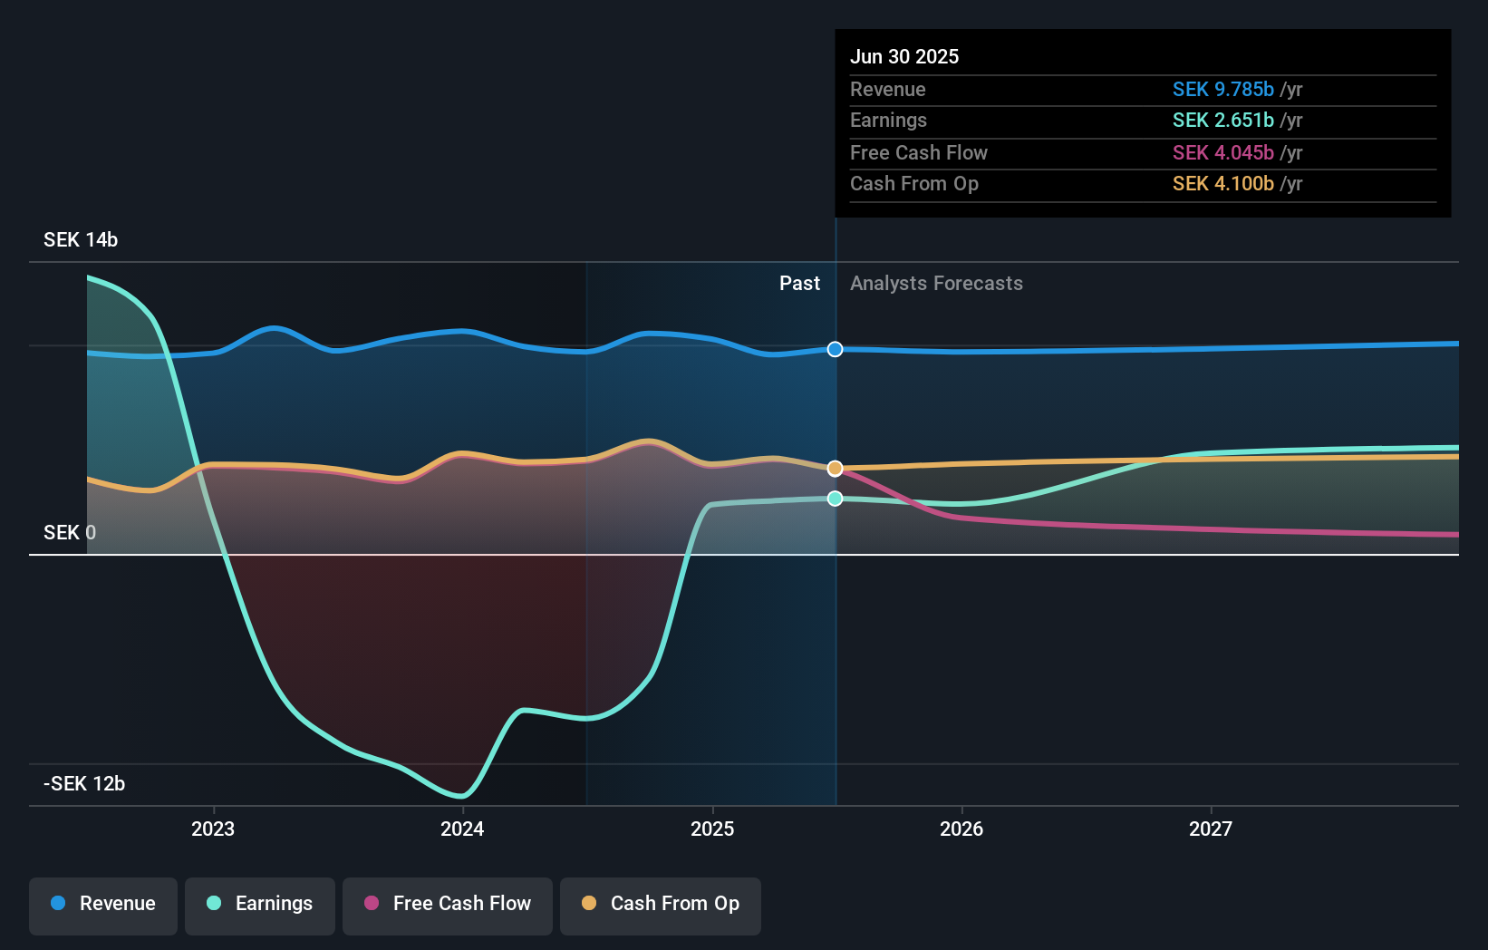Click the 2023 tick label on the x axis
point(213,829)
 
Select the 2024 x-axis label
point(462,829)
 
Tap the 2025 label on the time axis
point(712,829)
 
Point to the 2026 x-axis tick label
point(961,829)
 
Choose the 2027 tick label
point(1211,829)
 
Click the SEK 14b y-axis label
point(81,239)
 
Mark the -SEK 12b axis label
point(84,783)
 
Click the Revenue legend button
point(103,904)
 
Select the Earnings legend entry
point(260,904)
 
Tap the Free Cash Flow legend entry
point(448,904)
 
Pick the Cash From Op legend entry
point(661,904)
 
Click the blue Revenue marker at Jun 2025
point(836,349)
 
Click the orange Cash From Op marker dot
point(836,469)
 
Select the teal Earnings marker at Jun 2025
point(836,499)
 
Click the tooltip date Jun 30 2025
point(904,56)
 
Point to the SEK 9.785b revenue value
point(1222,89)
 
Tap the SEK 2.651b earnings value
point(1222,121)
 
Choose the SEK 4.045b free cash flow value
point(1222,152)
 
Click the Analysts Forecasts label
point(936,284)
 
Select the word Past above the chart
point(799,284)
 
